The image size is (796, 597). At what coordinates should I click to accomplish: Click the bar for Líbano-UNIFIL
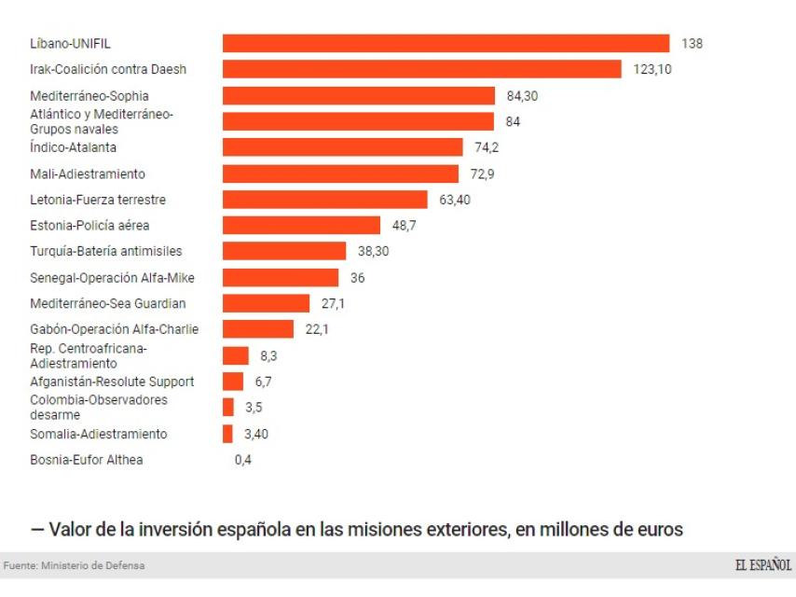tap(446, 44)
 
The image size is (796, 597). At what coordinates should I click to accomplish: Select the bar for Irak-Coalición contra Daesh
tap(421, 70)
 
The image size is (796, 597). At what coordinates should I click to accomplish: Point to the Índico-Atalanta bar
tap(342, 147)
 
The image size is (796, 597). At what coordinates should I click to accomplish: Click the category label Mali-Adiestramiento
tap(88, 174)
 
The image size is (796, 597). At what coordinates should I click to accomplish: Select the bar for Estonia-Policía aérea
tap(301, 226)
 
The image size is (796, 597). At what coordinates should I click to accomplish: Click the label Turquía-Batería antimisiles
tap(105, 251)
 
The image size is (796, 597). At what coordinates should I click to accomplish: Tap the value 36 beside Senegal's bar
tap(357, 278)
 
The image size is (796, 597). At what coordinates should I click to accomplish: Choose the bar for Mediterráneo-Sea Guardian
tap(266, 303)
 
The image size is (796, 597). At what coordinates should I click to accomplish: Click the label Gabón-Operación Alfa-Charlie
tap(114, 329)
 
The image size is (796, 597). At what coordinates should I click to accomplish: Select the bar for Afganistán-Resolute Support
tap(232, 382)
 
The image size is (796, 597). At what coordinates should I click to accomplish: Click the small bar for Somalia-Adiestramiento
tap(227, 434)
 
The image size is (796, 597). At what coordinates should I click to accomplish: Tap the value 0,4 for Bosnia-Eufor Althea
tap(244, 460)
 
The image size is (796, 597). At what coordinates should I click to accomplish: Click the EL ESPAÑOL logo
tap(762, 565)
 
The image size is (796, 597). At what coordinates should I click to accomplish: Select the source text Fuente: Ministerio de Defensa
tap(75, 566)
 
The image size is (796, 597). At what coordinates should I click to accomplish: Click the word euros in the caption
tap(657, 529)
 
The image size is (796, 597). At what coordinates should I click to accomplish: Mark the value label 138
tap(691, 44)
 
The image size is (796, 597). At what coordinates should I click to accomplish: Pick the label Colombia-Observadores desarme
tap(99, 407)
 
